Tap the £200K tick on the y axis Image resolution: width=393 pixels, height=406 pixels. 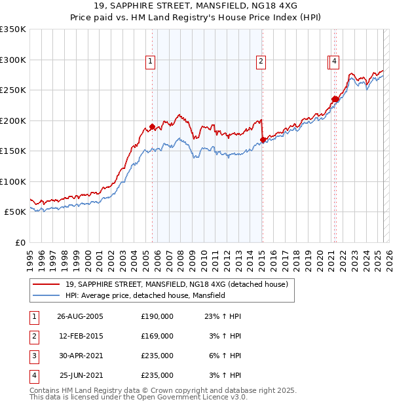13,120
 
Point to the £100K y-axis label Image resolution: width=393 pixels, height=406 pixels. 13,181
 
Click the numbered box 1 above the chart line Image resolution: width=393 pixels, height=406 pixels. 151,62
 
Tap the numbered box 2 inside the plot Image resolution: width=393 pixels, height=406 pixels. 261,62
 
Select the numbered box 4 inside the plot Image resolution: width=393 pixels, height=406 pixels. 334,62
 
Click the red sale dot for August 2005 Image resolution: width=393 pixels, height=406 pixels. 153,126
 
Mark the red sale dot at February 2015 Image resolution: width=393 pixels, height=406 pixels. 263,139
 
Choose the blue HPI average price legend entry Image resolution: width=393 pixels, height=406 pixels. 145,295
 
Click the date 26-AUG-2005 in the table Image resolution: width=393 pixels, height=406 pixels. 81,316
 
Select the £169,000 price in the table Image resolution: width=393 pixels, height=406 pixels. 157,336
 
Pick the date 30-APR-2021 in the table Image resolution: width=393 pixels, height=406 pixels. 80,356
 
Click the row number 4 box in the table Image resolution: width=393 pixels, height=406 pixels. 33,376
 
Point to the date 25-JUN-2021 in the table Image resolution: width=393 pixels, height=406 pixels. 81,376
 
